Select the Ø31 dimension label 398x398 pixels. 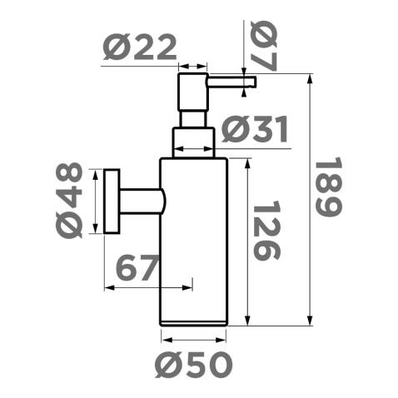point(256,131)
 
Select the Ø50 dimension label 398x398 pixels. point(192,365)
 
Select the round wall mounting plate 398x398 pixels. point(112,203)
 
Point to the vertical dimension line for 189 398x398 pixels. point(311,200)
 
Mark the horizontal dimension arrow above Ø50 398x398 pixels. point(192,339)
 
